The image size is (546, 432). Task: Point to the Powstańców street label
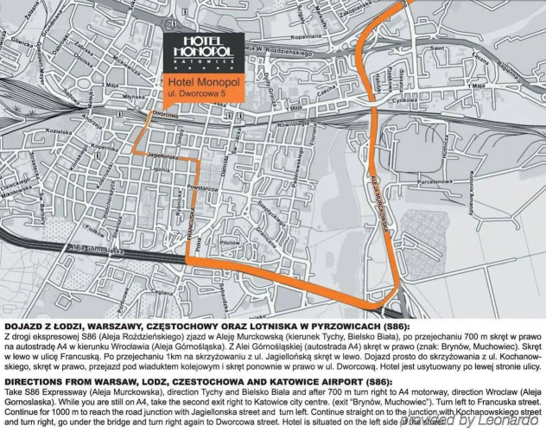click(200, 187)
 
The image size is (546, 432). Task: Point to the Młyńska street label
click(133, 99)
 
